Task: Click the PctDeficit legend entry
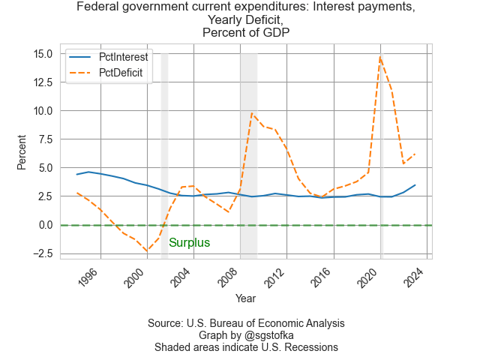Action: pyautogui.click(x=121, y=73)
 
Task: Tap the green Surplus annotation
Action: pyautogui.click(x=189, y=243)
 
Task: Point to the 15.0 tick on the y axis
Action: pyautogui.click(x=42, y=54)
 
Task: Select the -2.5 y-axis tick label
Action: pyautogui.click(x=42, y=253)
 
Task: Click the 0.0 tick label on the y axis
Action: pyautogui.click(x=45, y=225)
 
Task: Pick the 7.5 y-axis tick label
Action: pyautogui.click(x=45, y=139)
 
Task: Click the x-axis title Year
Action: pyautogui.click(x=245, y=298)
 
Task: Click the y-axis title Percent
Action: pyautogui.click(x=22, y=151)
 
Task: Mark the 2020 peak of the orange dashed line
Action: pyautogui.click(x=380, y=58)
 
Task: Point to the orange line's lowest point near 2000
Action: pyautogui.click(x=148, y=250)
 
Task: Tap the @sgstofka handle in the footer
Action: pyautogui.click(x=267, y=335)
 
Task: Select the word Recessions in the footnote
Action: pyautogui.click(x=310, y=347)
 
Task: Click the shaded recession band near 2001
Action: pyautogui.click(x=164, y=150)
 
